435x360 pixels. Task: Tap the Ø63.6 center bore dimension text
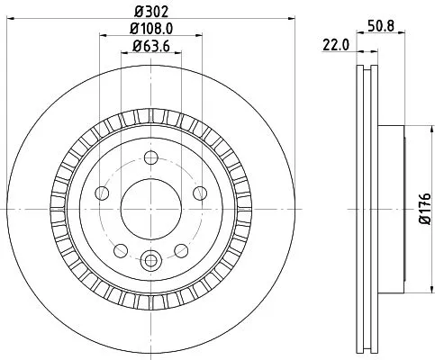pyautogui.click(x=150, y=46)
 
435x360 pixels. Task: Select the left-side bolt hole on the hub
pyautogui.click(x=102, y=193)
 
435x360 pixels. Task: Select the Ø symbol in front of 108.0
pyautogui.click(x=131, y=30)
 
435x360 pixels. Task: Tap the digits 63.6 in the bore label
pyautogui.click(x=155, y=46)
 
